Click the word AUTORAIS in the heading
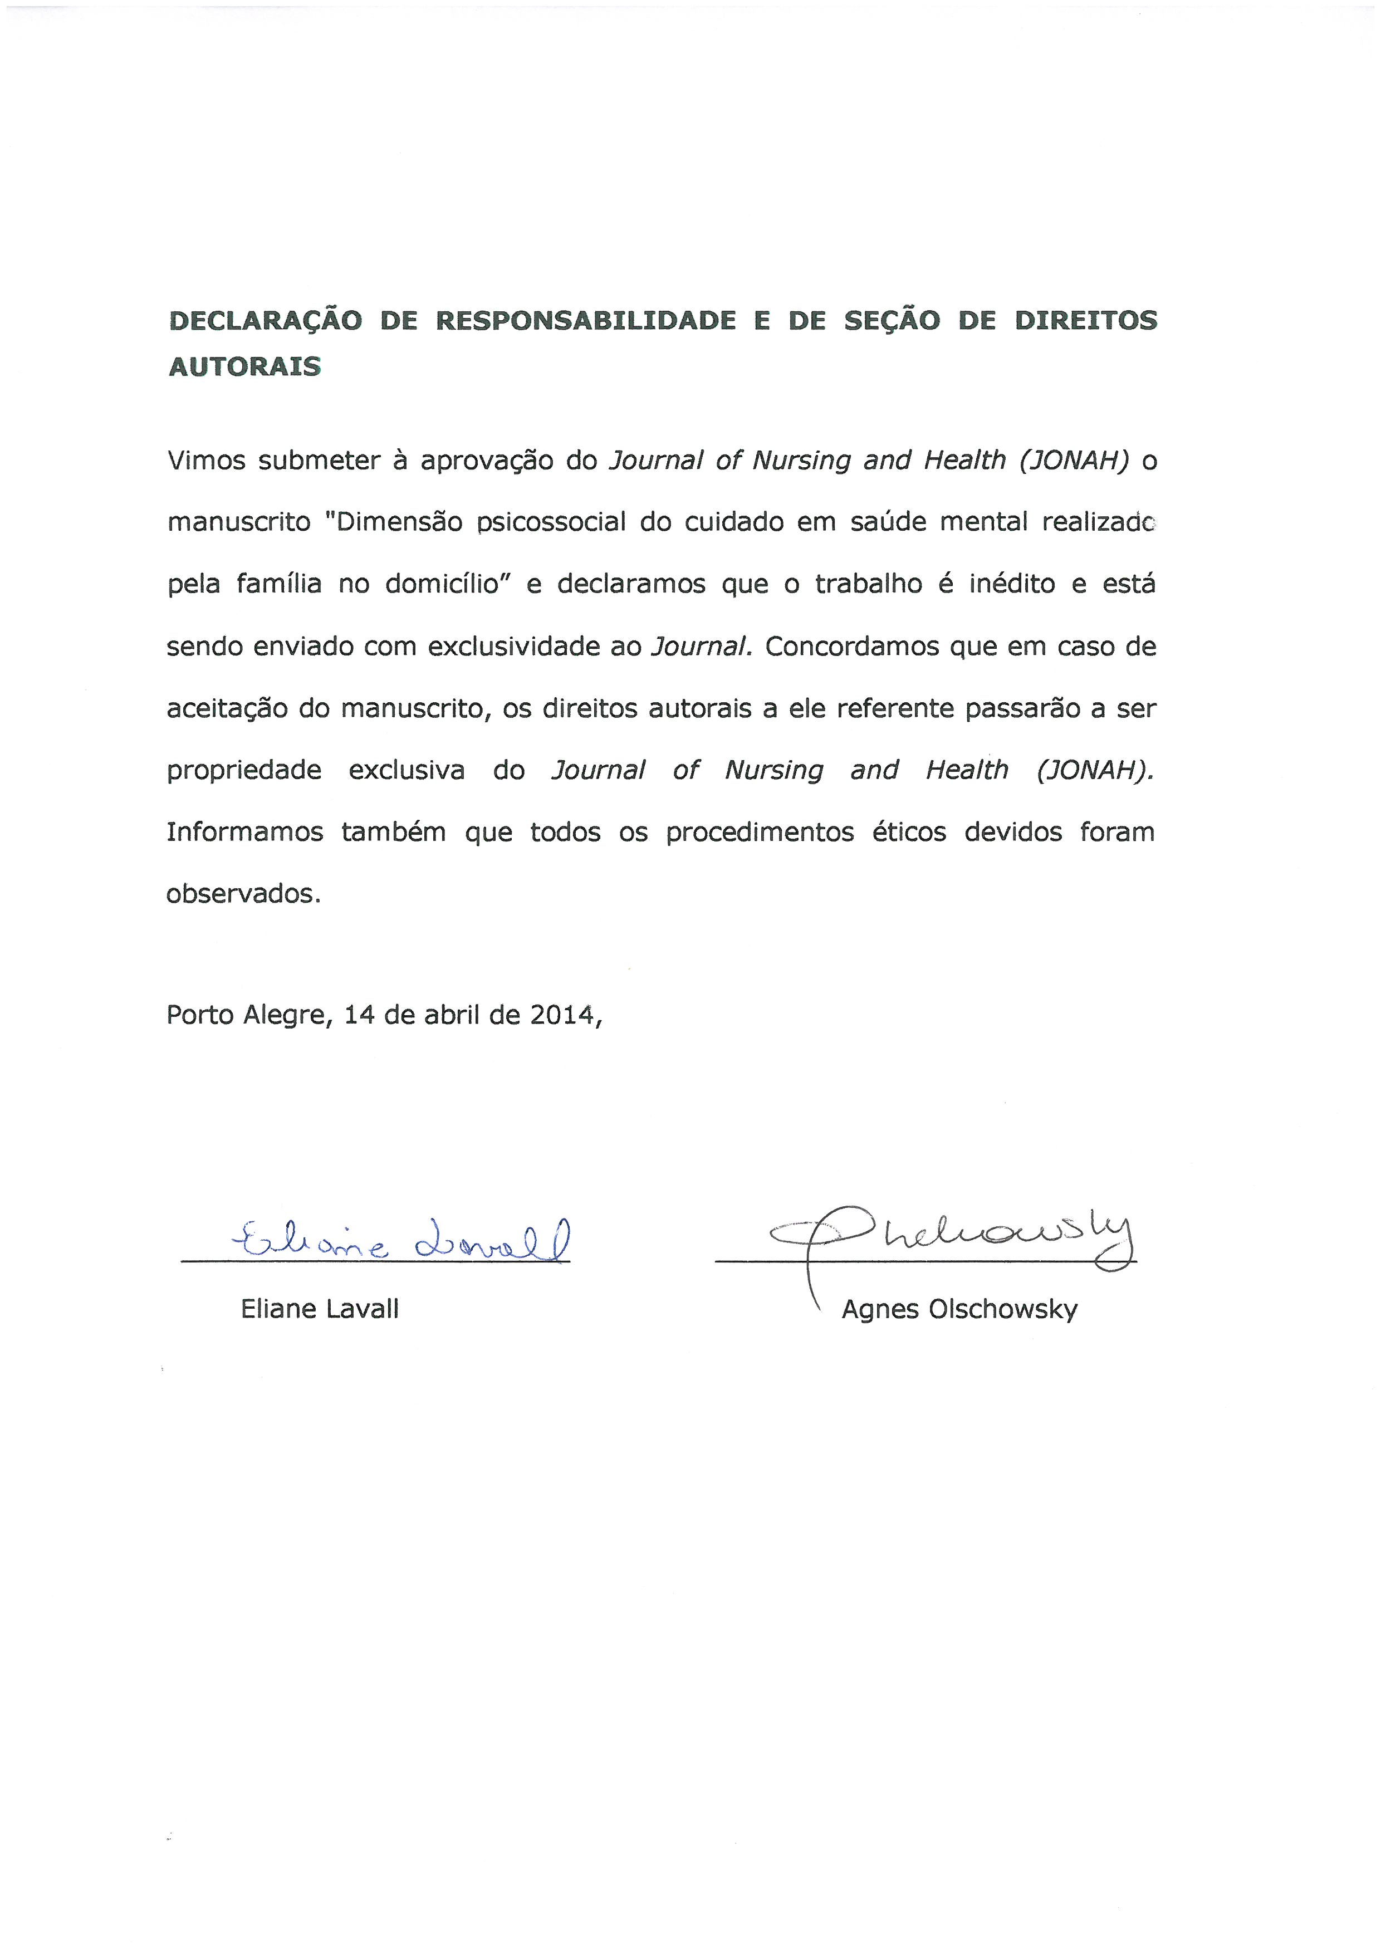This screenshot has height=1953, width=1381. [245, 366]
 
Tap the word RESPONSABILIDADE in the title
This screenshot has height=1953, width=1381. [585, 321]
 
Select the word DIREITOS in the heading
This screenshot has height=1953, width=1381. [1085, 321]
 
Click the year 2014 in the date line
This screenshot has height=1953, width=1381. [560, 1015]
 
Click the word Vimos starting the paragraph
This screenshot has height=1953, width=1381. [204, 460]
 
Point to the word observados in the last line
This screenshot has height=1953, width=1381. [242, 894]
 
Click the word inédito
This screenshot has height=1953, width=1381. [1012, 584]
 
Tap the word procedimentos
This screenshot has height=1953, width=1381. [760, 832]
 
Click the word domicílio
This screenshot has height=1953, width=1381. [442, 584]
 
